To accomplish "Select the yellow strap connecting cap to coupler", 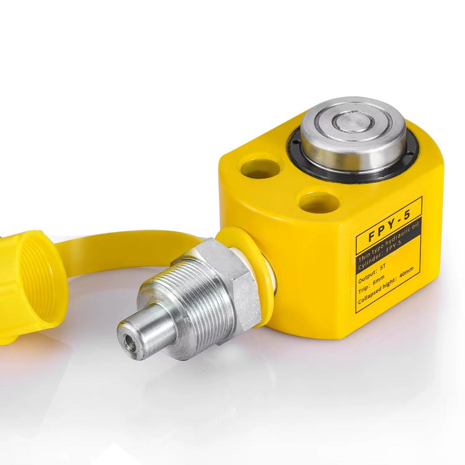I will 129,241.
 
